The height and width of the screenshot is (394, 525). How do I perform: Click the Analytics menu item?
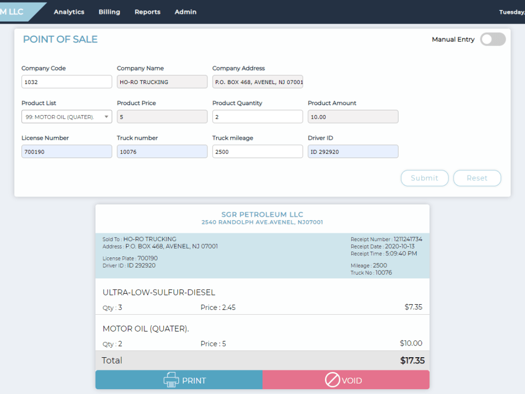point(69,12)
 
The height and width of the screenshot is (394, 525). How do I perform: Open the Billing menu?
point(109,12)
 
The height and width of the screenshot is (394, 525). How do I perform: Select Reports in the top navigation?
point(148,12)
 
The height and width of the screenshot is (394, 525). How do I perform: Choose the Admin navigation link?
point(185,12)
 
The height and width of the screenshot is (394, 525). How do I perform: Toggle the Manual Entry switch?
point(493,39)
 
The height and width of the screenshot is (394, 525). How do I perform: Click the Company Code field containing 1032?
point(67,82)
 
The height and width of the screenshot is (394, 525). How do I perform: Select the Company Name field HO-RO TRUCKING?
point(162,82)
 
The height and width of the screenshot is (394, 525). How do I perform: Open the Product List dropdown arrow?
point(106,117)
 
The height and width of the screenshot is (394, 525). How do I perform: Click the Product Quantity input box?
point(257,117)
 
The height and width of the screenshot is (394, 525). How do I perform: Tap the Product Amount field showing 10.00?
point(353,117)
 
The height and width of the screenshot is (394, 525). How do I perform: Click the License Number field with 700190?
point(67,151)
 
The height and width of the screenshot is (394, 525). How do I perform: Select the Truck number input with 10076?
point(162,151)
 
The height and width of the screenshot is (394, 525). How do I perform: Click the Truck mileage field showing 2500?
point(257,151)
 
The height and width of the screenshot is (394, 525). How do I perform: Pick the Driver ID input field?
point(353,151)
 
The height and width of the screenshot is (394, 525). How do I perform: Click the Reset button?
point(477,178)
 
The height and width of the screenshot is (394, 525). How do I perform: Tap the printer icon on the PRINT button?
point(171,380)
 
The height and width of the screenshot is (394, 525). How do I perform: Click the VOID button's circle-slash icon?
point(332,380)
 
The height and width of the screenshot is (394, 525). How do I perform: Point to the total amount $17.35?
point(412,360)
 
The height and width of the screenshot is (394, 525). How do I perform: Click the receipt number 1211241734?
point(408,239)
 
